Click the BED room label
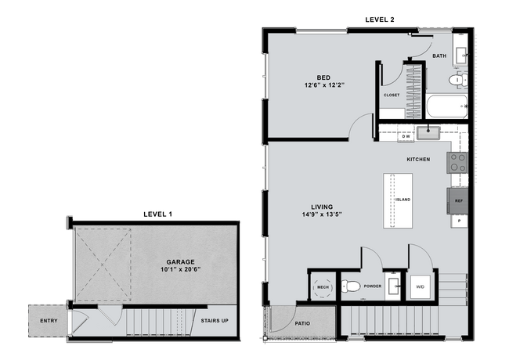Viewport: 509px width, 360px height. (x=323, y=77)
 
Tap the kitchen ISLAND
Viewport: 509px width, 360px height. (x=399, y=200)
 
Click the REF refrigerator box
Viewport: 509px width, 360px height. (x=458, y=201)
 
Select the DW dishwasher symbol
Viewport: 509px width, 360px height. (x=406, y=136)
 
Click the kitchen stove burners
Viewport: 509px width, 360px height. (x=457, y=162)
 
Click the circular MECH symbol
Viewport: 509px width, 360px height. (x=322, y=286)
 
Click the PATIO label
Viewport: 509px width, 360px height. (x=302, y=323)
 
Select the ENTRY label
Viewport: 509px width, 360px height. (x=49, y=320)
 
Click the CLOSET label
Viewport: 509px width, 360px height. (x=391, y=95)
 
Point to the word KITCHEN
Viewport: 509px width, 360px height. (x=418, y=160)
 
